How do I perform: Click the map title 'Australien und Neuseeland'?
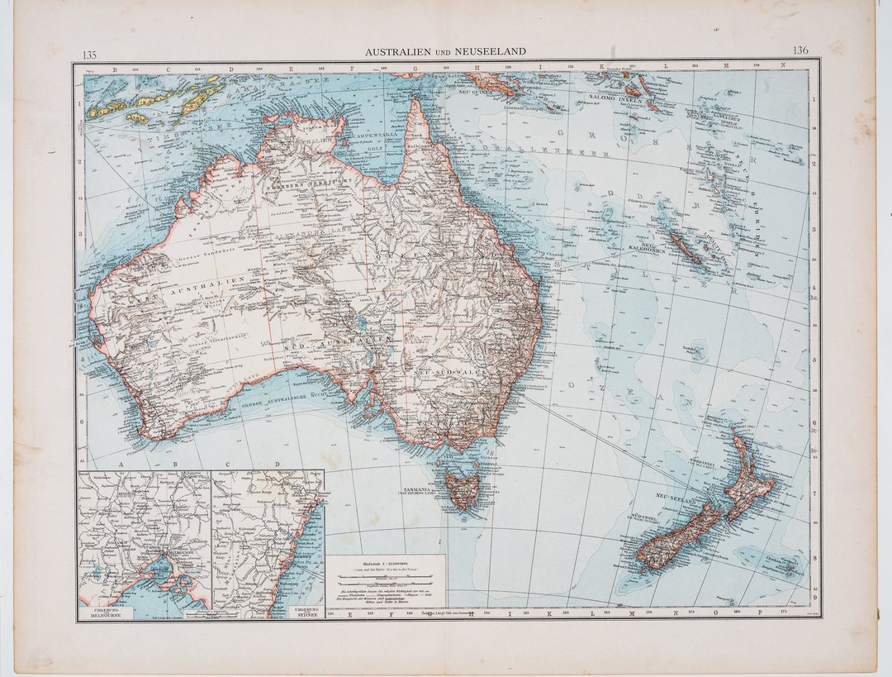point(445,51)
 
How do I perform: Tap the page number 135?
point(89,55)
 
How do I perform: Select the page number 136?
point(800,50)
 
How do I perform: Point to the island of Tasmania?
point(461,489)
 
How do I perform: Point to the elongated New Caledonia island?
point(685,247)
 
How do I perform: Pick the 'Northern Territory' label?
point(309,184)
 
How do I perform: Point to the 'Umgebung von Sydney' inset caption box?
point(307,613)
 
